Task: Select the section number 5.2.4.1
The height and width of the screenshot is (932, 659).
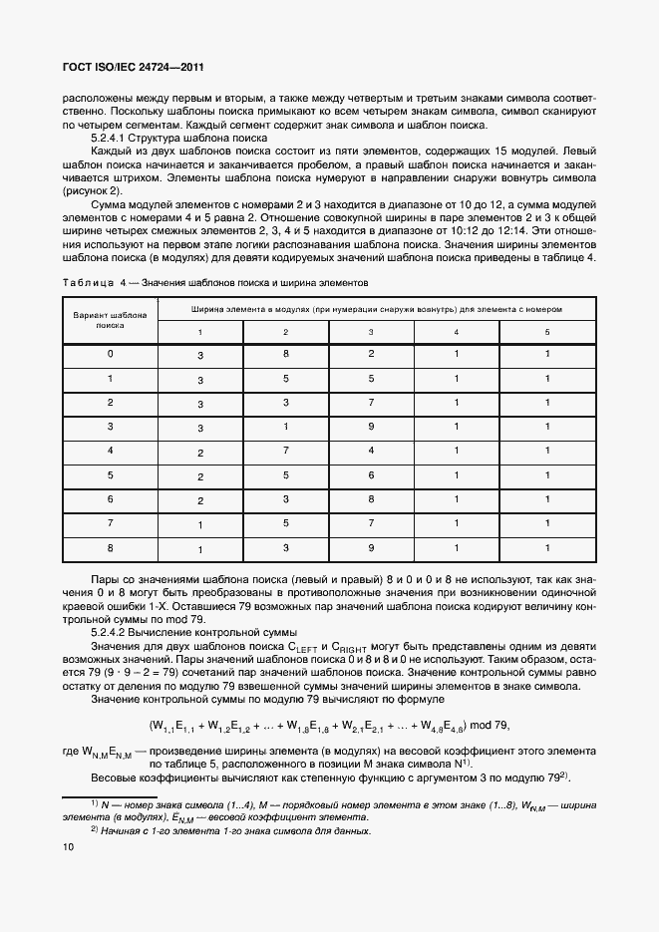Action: tap(113, 138)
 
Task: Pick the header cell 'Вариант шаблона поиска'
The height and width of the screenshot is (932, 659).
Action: tap(110, 318)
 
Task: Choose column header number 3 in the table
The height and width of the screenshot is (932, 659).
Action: tap(371, 331)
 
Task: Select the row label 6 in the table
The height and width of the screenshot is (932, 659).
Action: tap(110, 499)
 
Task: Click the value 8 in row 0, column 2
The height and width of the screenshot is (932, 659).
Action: tap(285, 355)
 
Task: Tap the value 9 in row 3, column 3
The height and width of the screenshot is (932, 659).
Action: tap(371, 428)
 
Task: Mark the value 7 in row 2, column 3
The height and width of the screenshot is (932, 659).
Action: tap(371, 403)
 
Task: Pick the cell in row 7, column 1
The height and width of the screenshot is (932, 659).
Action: tap(199, 524)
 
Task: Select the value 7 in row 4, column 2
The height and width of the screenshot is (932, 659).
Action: tap(285, 452)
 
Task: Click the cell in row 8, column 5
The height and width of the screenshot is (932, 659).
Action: tap(546, 548)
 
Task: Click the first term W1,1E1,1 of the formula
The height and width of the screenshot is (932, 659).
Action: tap(175, 725)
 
